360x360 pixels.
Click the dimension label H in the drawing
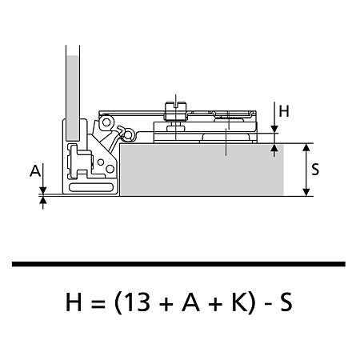(284, 111)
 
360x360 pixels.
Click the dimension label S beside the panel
(315, 170)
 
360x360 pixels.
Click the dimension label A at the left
(35, 170)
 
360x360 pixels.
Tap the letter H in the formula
(74, 302)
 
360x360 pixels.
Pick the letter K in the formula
(239, 302)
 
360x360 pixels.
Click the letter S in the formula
(286, 302)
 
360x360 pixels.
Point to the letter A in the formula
(190, 302)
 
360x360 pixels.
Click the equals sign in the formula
(98, 304)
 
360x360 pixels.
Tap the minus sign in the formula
(268, 304)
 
